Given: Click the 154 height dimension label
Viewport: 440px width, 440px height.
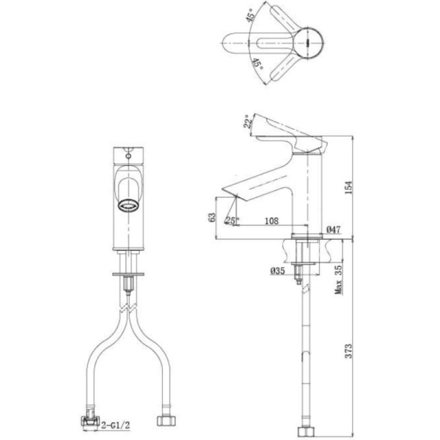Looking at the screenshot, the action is [x=348, y=188].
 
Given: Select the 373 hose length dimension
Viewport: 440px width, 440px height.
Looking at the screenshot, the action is [x=348, y=351].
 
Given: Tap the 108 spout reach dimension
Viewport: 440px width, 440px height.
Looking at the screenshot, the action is [x=271, y=221].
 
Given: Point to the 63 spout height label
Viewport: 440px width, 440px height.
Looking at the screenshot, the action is [x=213, y=217].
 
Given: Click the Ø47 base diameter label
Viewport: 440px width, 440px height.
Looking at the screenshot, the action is [x=334, y=230].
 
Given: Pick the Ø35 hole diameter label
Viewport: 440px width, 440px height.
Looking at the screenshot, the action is [x=277, y=271].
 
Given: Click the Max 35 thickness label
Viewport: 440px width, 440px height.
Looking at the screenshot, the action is [x=339, y=279].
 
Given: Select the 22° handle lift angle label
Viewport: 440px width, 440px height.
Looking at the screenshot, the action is [x=248, y=121].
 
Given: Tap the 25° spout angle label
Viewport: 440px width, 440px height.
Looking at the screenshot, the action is [x=232, y=221].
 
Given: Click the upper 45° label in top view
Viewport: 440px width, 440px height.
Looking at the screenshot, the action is [x=251, y=15].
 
